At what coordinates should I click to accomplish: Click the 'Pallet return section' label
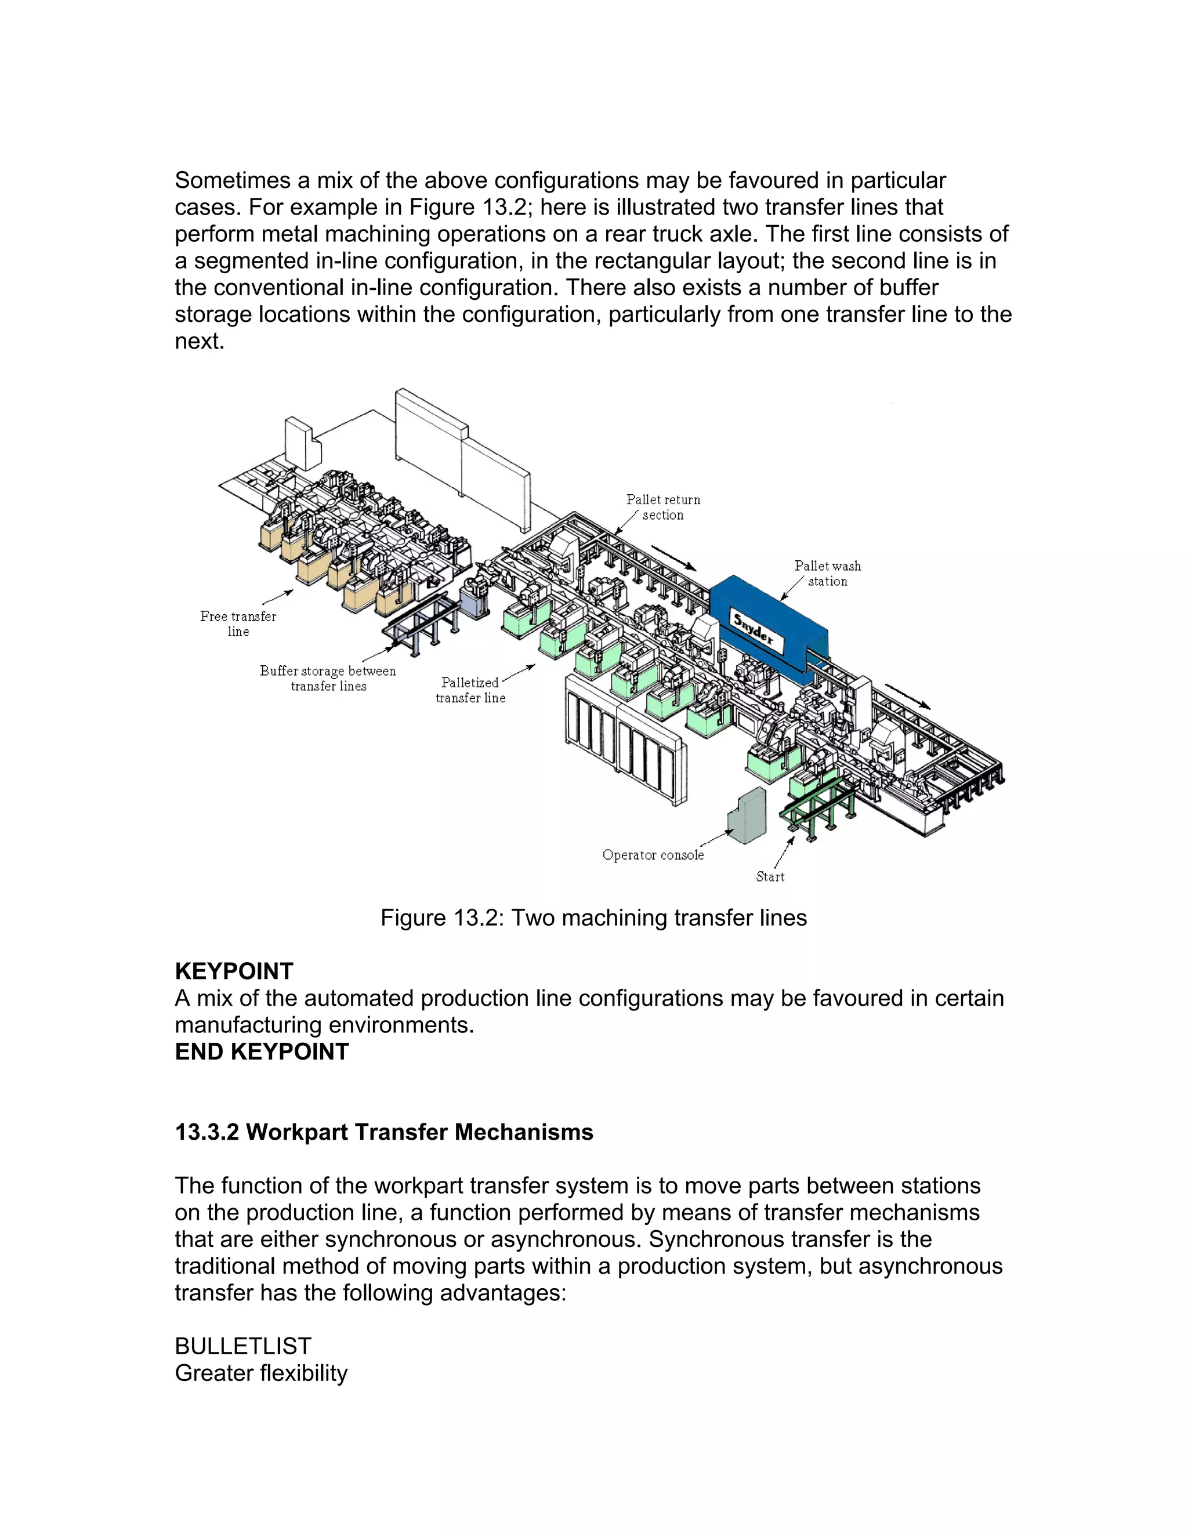(x=663, y=507)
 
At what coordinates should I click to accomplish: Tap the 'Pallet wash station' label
(x=827, y=573)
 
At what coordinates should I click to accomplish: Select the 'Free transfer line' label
(x=238, y=623)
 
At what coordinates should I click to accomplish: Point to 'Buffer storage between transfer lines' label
(x=328, y=679)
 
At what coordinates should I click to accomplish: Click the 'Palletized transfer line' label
(x=470, y=690)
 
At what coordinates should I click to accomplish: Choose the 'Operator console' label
(x=653, y=854)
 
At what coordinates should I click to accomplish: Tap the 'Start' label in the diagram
(x=770, y=876)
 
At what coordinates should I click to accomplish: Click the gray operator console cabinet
(x=746, y=817)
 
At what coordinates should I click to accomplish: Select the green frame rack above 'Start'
(x=820, y=809)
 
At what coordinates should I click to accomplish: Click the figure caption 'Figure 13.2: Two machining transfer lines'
(x=593, y=918)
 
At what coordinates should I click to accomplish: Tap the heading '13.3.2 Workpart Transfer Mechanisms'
(x=383, y=1132)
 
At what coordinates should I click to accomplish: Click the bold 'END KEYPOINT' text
(x=262, y=1052)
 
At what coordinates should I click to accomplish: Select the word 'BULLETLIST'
(x=243, y=1346)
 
